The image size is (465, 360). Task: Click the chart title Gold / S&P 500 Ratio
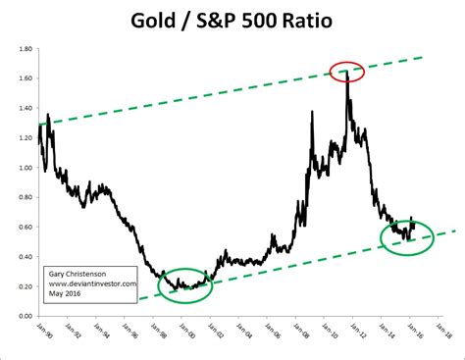click(x=232, y=20)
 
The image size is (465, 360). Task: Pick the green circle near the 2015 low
click(x=406, y=236)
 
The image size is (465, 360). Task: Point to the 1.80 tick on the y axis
click(x=26, y=48)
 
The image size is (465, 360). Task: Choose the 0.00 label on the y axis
click(x=26, y=316)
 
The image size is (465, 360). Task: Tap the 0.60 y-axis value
click(x=26, y=227)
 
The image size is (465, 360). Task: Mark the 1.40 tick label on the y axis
click(x=26, y=108)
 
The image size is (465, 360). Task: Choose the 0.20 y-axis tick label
click(x=26, y=286)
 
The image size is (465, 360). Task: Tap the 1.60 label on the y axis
click(x=26, y=77)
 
